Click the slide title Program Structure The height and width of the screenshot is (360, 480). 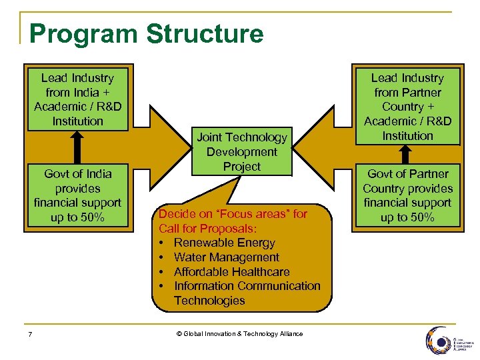pyautogui.click(x=147, y=33)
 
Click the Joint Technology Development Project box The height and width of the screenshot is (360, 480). pyautogui.click(x=241, y=152)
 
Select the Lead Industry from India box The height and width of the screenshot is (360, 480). pyautogui.click(x=77, y=99)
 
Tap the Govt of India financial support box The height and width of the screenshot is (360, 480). pyautogui.click(x=77, y=195)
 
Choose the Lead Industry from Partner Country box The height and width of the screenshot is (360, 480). pyautogui.click(x=407, y=107)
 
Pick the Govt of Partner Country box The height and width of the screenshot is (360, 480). pyautogui.click(x=407, y=195)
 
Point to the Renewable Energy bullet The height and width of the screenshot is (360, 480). pyautogui.click(x=224, y=243)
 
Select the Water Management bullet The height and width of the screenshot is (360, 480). pyautogui.click(x=226, y=257)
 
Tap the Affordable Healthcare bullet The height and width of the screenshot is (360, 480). pyautogui.click(x=231, y=272)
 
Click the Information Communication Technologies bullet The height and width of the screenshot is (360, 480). pyautogui.click(x=247, y=293)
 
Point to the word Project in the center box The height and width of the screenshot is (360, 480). pyautogui.click(x=241, y=167)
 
